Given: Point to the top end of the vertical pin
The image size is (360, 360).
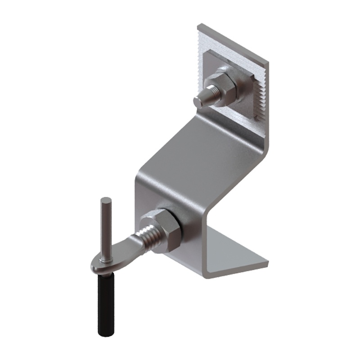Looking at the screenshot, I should [x=106, y=200].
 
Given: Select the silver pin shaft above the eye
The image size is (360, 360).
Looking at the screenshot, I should [x=106, y=229].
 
